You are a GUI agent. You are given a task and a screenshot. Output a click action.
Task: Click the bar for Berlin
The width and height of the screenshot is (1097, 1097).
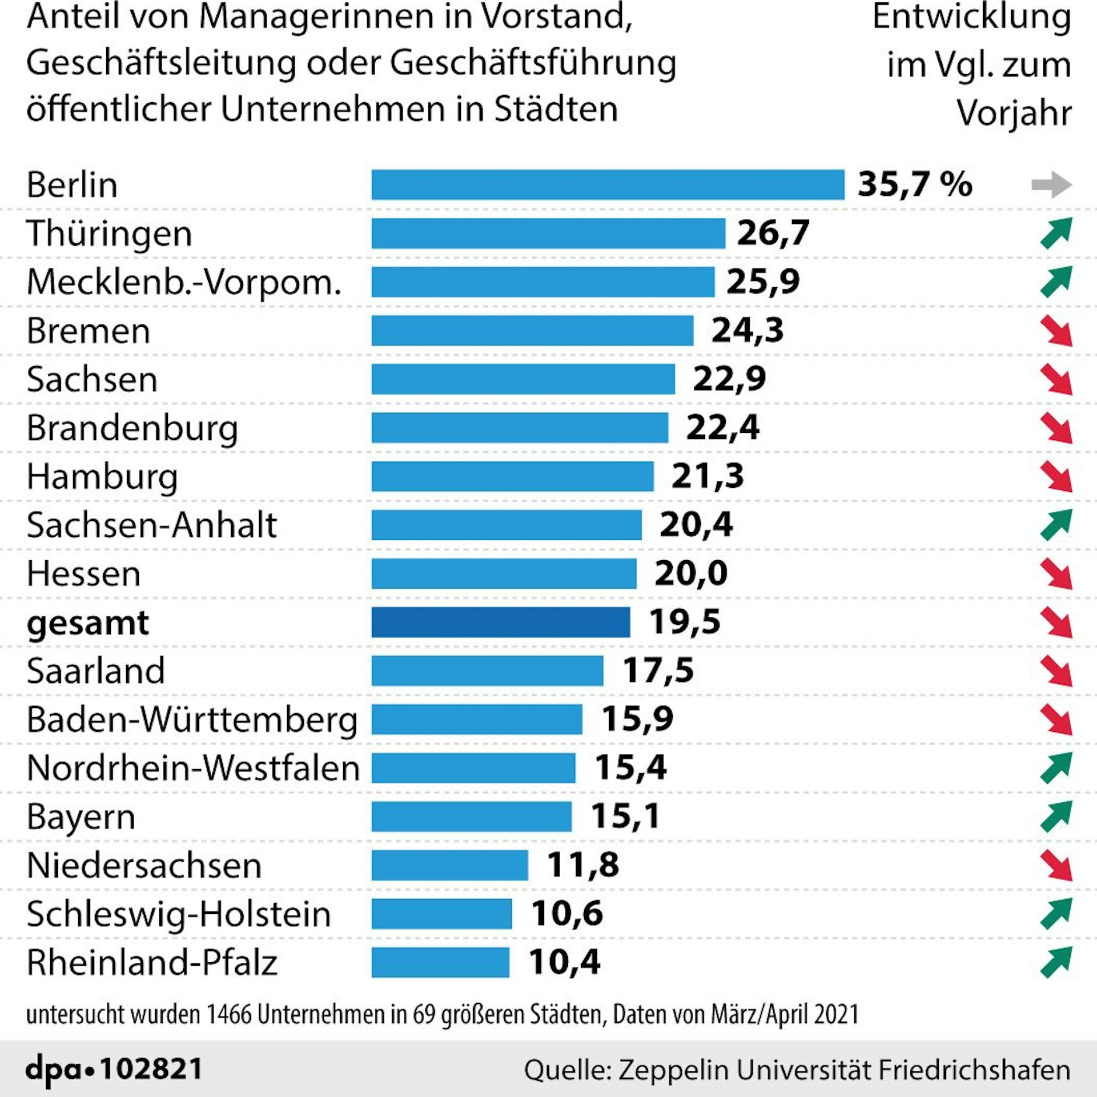point(607,185)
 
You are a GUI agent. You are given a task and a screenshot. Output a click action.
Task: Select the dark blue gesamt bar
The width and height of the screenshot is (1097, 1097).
point(501,622)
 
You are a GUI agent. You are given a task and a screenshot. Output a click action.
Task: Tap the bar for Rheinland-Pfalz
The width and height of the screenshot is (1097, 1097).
point(440,962)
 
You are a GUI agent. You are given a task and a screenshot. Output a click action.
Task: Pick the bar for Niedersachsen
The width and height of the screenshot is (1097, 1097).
point(449,865)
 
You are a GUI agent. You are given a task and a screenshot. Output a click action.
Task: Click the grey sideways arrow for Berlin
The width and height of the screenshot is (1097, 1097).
point(1051,185)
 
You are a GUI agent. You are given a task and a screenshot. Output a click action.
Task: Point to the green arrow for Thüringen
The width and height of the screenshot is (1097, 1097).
point(1056,233)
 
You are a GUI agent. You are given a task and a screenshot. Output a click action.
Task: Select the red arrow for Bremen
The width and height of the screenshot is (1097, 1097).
point(1056,331)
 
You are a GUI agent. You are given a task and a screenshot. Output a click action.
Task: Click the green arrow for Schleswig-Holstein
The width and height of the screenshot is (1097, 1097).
point(1056,914)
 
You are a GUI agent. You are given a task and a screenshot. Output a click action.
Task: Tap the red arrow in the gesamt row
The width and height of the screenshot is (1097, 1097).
point(1056,622)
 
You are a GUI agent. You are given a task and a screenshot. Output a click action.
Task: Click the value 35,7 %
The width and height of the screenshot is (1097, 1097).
point(914,184)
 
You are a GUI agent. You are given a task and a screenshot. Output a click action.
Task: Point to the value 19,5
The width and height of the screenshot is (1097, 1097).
point(684,621)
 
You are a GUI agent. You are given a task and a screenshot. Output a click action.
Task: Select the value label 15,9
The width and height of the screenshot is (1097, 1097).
point(637,719)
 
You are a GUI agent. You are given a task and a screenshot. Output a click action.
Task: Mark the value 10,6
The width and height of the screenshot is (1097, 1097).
point(567,913)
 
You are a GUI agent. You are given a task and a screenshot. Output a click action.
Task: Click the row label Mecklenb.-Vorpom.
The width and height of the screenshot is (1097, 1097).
point(184,282)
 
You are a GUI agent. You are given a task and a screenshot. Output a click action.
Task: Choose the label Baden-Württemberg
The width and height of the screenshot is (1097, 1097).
point(192,719)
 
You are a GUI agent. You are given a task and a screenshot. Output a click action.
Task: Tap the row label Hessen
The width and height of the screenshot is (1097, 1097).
point(83,574)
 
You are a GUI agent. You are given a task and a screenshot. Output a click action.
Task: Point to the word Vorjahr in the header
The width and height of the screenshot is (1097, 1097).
point(1014,112)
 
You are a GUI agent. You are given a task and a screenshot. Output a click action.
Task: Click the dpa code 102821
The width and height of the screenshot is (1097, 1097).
point(151,1069)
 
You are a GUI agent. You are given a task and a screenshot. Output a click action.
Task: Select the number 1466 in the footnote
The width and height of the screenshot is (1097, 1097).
point(229,1015)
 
